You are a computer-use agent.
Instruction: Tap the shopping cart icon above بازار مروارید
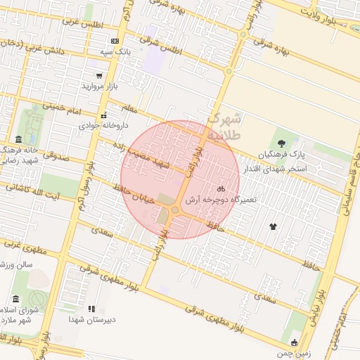98,75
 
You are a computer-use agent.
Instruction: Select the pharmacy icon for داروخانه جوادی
104,115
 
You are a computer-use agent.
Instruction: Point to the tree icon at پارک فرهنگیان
290,143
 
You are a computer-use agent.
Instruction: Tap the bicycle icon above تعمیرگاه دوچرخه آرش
221,189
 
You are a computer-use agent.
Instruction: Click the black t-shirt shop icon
273,226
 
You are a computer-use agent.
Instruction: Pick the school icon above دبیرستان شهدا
91,309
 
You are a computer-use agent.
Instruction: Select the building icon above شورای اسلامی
16,300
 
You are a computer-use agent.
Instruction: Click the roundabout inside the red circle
174,210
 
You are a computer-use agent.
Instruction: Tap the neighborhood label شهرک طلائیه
226,125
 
